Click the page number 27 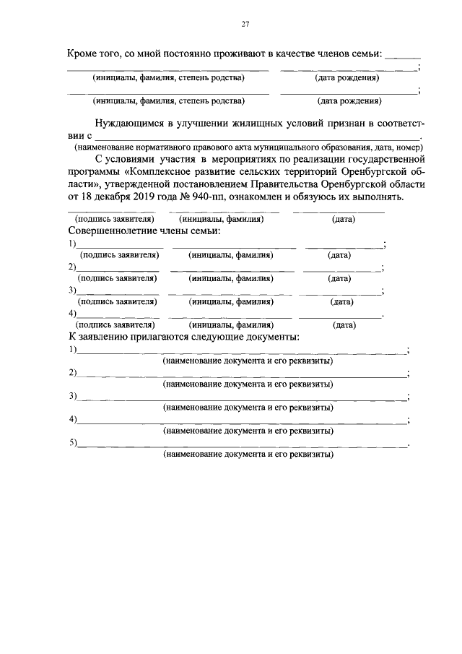coord(245,24)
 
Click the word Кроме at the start coord(84,53)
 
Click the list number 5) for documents coord(73,442)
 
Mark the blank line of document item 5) coord(242,445)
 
